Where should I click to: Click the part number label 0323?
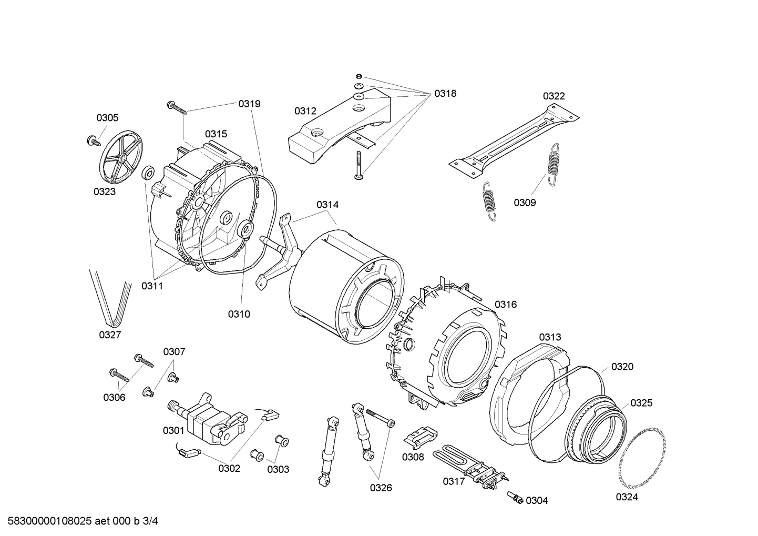tap(105, 191)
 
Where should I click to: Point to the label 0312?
tap(305, 111)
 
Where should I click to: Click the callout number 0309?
tap(525, 203)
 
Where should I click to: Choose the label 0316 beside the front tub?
tap(506, 304)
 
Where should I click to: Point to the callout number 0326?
tap(381, 488)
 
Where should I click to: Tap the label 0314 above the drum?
tap(327, 205)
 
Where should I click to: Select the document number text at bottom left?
tap(80, 521)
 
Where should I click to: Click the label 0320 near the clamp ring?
tap(622, 367)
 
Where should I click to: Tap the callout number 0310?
tap(239, 314)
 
